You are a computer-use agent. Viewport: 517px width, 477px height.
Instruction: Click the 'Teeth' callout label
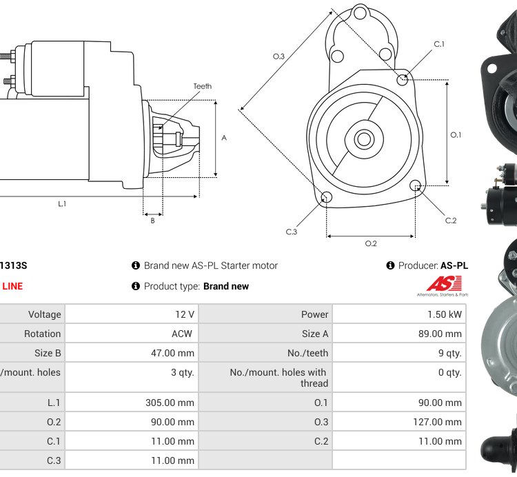(x=202, y=87)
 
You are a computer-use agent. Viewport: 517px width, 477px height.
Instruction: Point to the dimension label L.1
(x=62, y=203)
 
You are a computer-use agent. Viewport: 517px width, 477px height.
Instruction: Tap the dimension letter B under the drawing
(x=152, y=221)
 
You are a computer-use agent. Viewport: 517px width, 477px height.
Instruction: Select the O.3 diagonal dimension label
(x=278, y=57)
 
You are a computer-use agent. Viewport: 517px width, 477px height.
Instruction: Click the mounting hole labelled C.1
(x=403, y=80)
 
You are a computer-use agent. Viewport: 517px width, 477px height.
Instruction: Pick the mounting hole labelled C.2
(x=415, y=186)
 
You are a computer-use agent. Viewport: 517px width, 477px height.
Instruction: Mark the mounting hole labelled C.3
(x=327, y=199)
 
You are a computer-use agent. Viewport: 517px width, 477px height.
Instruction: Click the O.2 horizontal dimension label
(x=370, y=243)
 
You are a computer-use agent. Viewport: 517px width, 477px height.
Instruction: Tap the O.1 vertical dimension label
(x=456, y=135)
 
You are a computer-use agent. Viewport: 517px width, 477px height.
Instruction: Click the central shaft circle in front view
(x=363, y=139)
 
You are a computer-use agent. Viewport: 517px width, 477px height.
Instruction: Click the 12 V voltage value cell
(x=184, y=314)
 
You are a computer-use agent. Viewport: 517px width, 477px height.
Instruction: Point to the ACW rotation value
(x=183, y=334)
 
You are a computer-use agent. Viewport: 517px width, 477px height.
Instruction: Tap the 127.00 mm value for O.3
(x=438, y=422)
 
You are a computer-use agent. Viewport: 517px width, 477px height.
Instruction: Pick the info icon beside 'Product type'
(x=136, y=286)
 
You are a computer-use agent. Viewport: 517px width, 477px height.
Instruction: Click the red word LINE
(x=12, y=286)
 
